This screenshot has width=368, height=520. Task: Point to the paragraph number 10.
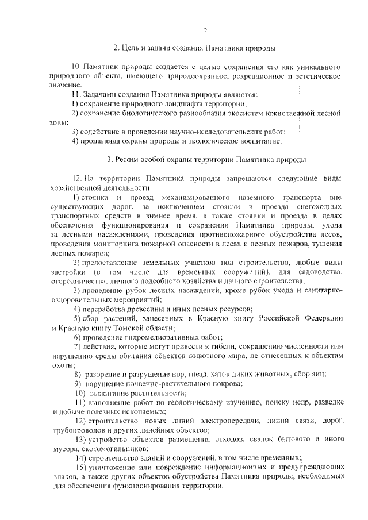76,67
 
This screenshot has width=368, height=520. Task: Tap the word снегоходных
319,206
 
